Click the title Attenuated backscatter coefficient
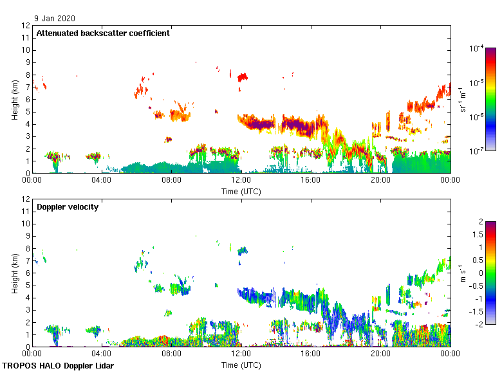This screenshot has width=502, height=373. (103, 33)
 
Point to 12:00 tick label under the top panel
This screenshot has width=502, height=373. (241, 179)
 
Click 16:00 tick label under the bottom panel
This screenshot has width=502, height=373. (311, 353)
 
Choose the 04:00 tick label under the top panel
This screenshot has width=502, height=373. (102, 179)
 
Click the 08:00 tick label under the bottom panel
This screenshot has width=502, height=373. (172, 353)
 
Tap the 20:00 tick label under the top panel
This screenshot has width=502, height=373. (380, 179)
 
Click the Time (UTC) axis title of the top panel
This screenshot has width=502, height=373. (241, 191)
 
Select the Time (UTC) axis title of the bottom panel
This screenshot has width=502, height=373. (241, 365)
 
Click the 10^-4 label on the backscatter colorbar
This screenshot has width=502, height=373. (477, 49)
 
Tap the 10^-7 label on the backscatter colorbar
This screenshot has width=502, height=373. (477, 150)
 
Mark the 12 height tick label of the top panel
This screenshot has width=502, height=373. (26, 26)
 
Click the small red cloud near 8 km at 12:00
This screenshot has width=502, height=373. (243, 77)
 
